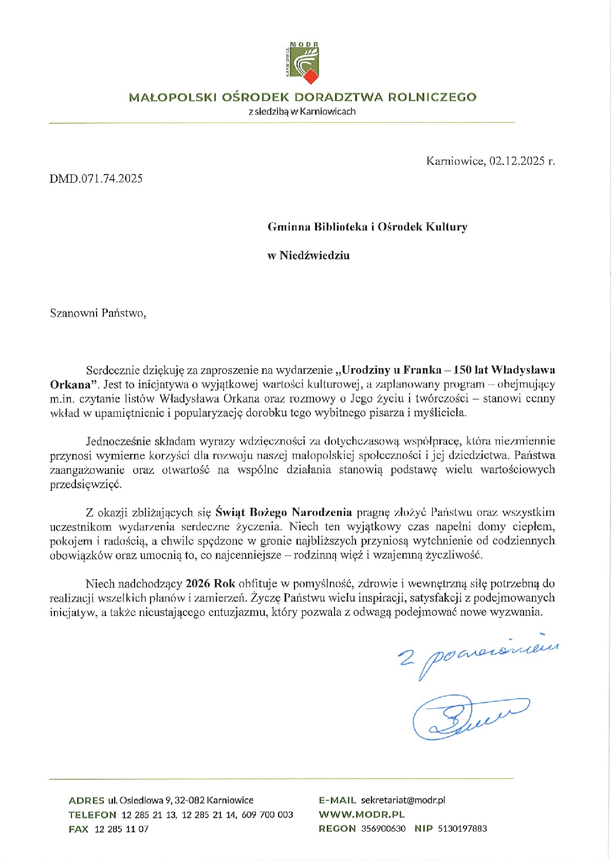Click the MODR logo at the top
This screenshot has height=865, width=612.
coord(303,63)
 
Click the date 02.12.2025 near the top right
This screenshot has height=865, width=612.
coord(517,161)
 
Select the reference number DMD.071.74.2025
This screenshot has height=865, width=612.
coord(96,179)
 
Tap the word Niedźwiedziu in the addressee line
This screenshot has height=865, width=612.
coord(314,256)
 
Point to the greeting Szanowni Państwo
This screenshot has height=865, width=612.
coord(98,313)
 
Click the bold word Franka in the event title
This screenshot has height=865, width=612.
coord(422,370)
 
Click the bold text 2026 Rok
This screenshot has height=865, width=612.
coord(210,584)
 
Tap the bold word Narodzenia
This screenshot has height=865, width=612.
coord(322,512)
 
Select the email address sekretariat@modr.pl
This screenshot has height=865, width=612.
coord(403,800)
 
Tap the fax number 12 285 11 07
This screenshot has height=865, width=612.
coord(121,829)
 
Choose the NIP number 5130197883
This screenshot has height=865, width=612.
coord(462,829)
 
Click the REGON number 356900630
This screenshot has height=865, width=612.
coord(383,829)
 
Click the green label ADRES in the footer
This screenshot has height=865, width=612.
coord(86,800)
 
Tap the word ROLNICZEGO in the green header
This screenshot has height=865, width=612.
coord(432,97)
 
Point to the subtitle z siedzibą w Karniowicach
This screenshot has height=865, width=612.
coord(302,111)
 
